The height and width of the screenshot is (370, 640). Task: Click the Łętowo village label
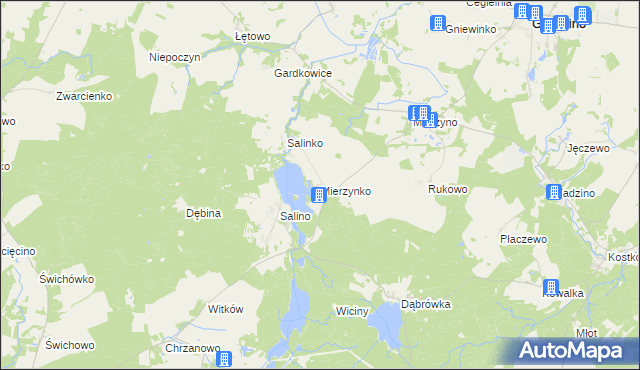tap(253, 37)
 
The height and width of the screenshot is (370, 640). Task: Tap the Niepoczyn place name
tap(175, 57)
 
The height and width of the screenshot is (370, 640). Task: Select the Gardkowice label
tap(296, 73)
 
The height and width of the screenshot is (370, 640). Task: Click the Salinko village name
tap(305, 144)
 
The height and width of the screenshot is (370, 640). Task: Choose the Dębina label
tap(203, 213)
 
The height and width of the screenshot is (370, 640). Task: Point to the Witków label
tap(225, 310)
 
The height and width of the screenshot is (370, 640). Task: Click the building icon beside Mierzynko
tap(319, 193)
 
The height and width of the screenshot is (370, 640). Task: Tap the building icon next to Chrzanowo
tap(224, 358)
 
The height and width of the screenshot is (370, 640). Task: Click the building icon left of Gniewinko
tap(437, 24)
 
